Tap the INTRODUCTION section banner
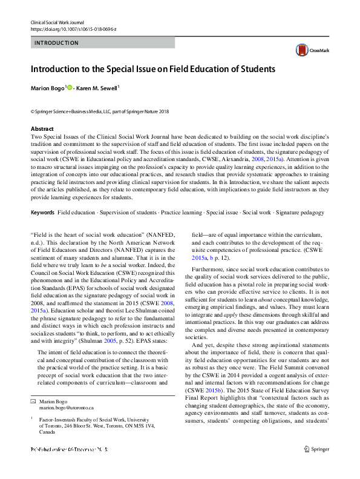(x=102, y=43)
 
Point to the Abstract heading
(x=42, y=129)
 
